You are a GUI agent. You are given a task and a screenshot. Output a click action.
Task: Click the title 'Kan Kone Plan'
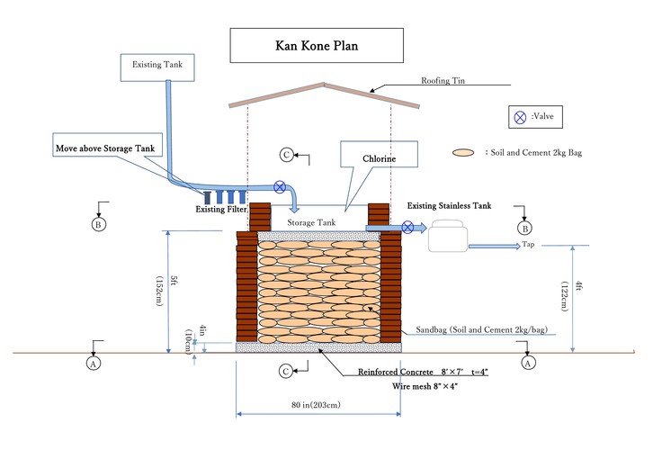(x=316, y=43)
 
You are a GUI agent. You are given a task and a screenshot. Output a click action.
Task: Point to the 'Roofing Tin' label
(x=442, y=81)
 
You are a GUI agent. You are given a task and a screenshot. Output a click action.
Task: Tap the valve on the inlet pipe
(x=281, y=188)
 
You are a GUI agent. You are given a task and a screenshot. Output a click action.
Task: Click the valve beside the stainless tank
(x=408, y=227)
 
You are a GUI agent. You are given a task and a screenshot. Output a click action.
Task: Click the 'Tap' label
(x=529, y=244)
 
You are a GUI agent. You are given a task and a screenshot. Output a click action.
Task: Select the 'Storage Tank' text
(x=311, y=220)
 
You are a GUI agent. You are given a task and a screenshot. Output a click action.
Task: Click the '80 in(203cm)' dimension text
(x=316, y=406)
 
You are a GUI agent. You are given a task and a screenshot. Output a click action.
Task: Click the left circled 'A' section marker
(x=92, y=363)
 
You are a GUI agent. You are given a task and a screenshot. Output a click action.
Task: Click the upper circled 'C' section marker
(x=286, y=155)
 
